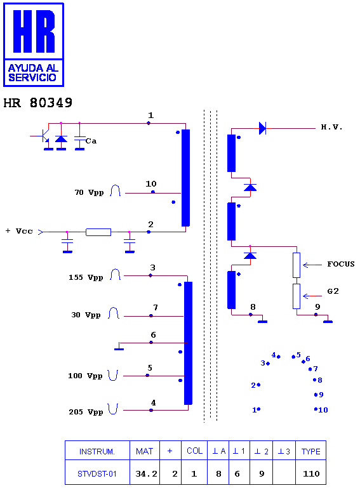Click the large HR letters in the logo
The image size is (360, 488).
coord(34,31)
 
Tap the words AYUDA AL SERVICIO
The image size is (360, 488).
coord(33,73)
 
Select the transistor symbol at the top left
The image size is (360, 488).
coord(46,136)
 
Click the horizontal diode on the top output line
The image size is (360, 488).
coord(262,128)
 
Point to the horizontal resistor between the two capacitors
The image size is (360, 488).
coord(98,232)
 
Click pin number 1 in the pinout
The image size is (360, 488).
coord(256,410)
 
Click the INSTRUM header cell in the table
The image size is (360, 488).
coord(97,452)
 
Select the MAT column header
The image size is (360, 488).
coord(145,452)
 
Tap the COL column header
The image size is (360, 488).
coord(195,452)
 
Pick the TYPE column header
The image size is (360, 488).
coord(311,452)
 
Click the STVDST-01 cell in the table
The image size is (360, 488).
coord(97,473)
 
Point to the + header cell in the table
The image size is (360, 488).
coord(170,452)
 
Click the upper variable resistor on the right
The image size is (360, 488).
coord(297,265)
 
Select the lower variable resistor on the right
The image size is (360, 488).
coord(297,296)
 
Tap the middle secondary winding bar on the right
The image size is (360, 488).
coord(232,221)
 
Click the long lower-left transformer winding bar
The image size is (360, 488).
coord(189,343)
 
